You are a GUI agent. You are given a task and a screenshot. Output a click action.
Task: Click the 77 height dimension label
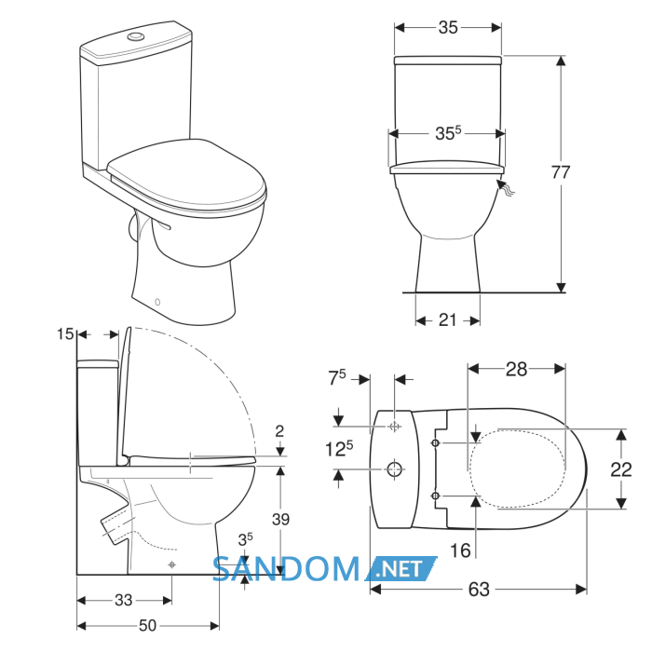click(560, 172)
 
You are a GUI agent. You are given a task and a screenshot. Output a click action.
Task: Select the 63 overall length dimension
click(479, 590)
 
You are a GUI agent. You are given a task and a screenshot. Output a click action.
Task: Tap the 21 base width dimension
click(447, 320)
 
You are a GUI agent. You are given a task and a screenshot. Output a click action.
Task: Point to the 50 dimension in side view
click(147, 625)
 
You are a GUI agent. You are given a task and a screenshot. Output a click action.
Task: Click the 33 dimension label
click(124, 600)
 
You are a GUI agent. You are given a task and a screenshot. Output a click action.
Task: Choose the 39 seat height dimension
click(280, 520)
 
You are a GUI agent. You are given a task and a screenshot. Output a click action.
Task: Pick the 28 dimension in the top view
click(516, 369)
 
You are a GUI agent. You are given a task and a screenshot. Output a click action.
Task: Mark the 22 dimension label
click(621, 469)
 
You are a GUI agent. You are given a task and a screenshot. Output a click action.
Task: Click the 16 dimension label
click(460, 550)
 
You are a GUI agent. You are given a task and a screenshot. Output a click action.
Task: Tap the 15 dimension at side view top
click(65, 333)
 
